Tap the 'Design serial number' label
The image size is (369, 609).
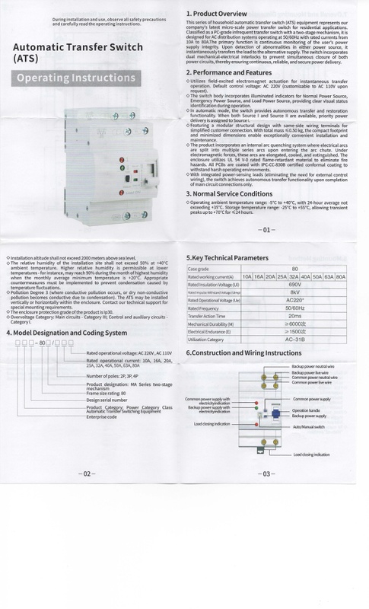[x=107, y=400]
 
